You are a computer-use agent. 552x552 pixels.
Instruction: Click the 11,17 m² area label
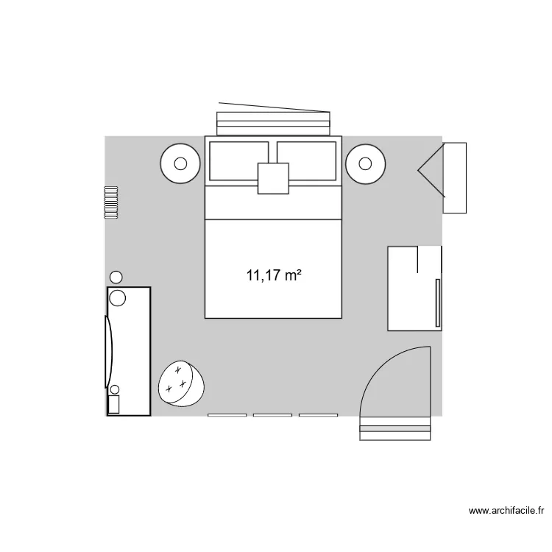click(275, 277)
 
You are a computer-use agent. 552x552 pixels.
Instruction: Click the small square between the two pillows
click(273, 178)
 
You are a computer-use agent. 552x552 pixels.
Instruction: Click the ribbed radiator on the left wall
click(111, 202)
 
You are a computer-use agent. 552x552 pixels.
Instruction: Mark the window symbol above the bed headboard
click(273, 121)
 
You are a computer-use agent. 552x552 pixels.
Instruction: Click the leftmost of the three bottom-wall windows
click(227, 415)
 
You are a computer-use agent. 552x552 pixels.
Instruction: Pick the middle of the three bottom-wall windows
click(272, 415)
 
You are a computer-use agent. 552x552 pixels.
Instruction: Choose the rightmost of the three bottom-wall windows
click(318, 415)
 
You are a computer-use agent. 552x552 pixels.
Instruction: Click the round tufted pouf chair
click(180, 383)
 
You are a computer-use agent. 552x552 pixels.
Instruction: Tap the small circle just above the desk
click(116, 277)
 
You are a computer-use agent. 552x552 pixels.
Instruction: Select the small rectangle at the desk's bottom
click(114, 404)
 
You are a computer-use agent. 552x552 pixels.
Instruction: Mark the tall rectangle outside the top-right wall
click(455, 178)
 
